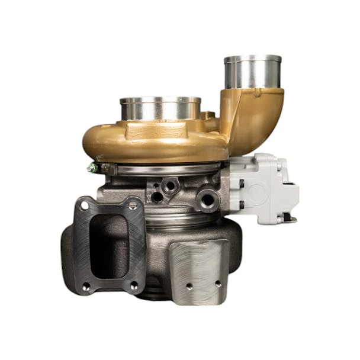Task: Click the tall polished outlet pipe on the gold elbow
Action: point(253,72)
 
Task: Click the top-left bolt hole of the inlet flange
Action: point(84,205)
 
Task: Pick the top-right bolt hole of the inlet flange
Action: point(133,205)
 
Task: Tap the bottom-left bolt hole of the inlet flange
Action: point(86,286)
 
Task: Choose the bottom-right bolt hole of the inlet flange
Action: point(134,285)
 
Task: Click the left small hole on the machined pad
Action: point(189,286)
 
